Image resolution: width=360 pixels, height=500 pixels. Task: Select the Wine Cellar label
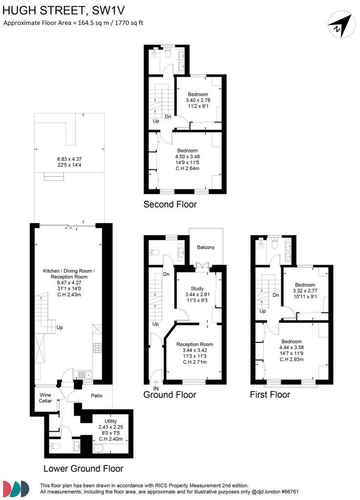pos(45,397)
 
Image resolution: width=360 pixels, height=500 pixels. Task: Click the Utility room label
pos(111,421)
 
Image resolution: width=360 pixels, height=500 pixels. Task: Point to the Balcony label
pos(206,248)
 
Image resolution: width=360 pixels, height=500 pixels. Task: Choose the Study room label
pos(197,289)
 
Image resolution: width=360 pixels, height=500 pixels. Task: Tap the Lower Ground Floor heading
pos(83,469)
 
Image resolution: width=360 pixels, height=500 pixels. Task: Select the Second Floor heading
pos(170,205)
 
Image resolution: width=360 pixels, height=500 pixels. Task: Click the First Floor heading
pos(270,395)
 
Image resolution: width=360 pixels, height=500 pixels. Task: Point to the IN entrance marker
pos(156,388)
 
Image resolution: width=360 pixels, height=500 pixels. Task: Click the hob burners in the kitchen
pos(96,348)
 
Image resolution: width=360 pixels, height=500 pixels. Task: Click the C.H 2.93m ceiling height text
pos(292,359)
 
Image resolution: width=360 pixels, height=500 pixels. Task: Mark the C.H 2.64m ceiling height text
pos(187,169)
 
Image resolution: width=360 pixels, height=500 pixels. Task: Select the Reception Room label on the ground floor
pos(194,344)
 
